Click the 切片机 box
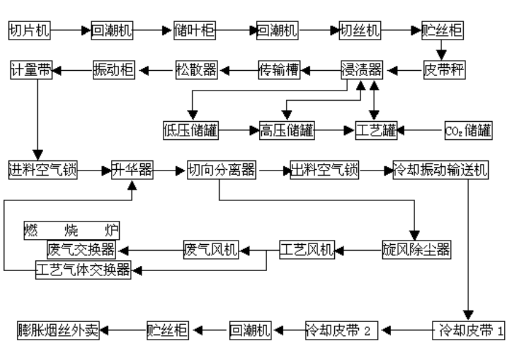click(x=29, y=30)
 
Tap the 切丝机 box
click(x=360, y=30)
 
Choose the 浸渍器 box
click(x=361, y=70)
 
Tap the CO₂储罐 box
click(x=468, y=130)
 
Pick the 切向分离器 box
click(x=221, y=170)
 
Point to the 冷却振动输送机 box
click(x=440, y=170)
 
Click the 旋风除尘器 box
click(x=416, y=249)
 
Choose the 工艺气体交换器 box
click(x=83, y=269)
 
